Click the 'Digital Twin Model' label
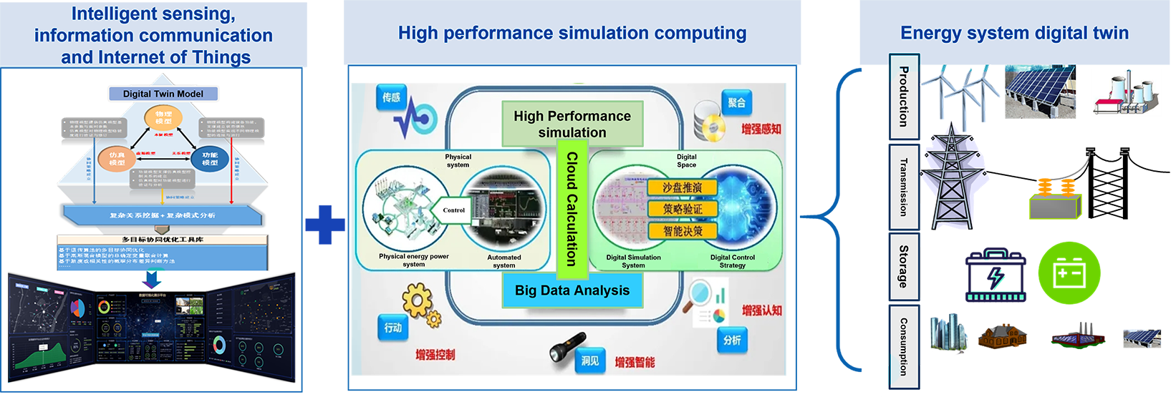(x=163, y=94)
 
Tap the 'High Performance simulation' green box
(x=572, y=124)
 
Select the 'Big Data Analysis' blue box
(x=572, y=290)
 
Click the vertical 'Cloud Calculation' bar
(x=572, y=208)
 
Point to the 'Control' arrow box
(x=452, y=210)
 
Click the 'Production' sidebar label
(x=904, y=97)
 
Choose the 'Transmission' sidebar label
(x=904, y=187)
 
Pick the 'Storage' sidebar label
(x=904, y=267)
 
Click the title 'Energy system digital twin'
(x=1014, y=33)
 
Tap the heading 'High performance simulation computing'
(x=572, y=33)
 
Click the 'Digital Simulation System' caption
(x=633, y=261)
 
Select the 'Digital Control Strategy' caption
(x=732, y=261)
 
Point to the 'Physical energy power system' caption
(x=414, y=260)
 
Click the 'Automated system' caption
(x=504, y=261)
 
